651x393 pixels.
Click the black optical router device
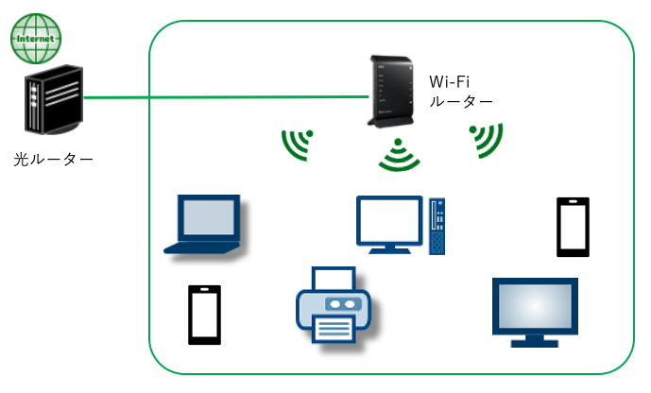[x=52, y=104]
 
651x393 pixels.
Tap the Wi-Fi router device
[x=387, y=93]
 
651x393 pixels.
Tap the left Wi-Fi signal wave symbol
[x=298, y=144]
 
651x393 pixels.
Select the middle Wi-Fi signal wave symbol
[x=399, y=155]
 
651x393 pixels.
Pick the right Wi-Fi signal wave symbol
[x=487, y=141]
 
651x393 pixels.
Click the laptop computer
[x=209, y=224]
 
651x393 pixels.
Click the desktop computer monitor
[x=390, y=224]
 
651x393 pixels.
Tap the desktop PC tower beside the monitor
[x=437, y=225]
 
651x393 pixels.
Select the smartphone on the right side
[x=572, y=227]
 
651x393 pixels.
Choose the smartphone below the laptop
[x=204, y=314]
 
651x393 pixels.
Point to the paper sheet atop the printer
[x=334, y=279]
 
